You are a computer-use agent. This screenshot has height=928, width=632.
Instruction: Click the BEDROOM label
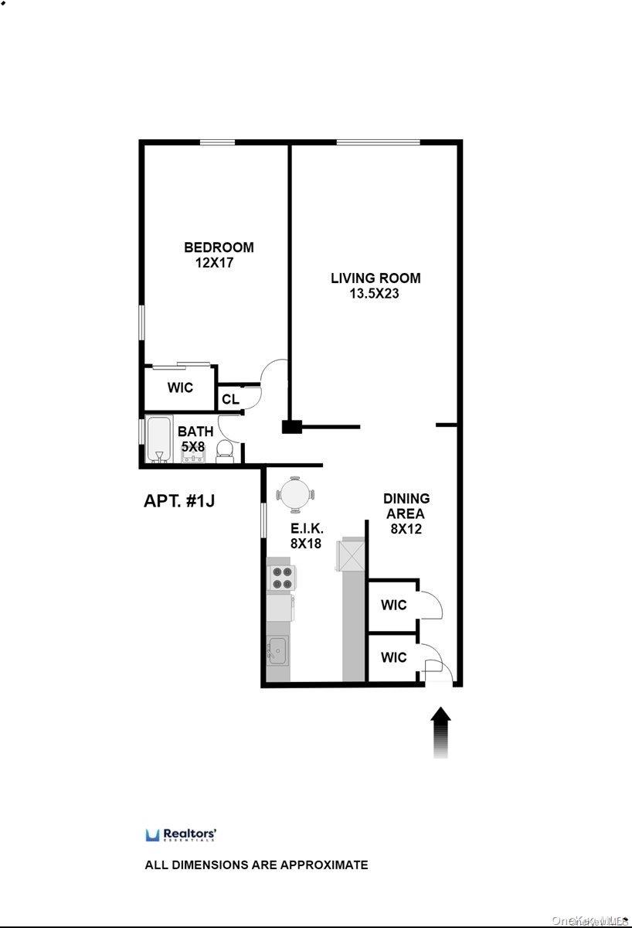[219, 247]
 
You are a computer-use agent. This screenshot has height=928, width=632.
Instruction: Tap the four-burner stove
[280, 578]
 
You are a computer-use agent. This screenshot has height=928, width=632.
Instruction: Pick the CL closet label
[230, 399]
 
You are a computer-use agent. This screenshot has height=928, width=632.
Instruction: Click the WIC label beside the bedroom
[180, 387]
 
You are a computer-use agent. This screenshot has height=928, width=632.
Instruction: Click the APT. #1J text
[179, 500]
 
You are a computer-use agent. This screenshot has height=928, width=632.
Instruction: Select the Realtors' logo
[181, 834]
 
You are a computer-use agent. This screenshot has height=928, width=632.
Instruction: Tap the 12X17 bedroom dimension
[214, 262]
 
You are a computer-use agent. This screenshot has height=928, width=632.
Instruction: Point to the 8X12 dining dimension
[406, 529]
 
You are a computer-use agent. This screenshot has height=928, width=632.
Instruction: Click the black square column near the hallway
[291, 426]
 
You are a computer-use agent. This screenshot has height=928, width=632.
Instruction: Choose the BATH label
[195, 432]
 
